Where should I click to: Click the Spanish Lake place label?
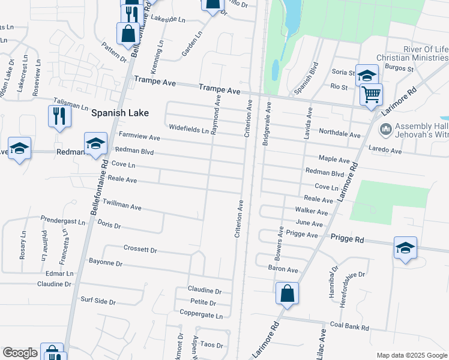120,112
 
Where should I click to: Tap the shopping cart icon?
371,94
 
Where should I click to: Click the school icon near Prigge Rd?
405,248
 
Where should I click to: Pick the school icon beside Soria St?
367,75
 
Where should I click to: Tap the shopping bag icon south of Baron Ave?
288,294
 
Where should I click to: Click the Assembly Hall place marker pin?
386,128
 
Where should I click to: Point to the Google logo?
20,353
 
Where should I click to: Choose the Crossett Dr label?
140,249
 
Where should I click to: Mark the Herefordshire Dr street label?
351,283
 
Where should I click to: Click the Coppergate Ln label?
201,314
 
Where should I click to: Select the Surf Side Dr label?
98,299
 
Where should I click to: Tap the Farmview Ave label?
139,137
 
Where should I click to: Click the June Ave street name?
310,223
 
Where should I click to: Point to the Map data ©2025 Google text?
411,355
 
